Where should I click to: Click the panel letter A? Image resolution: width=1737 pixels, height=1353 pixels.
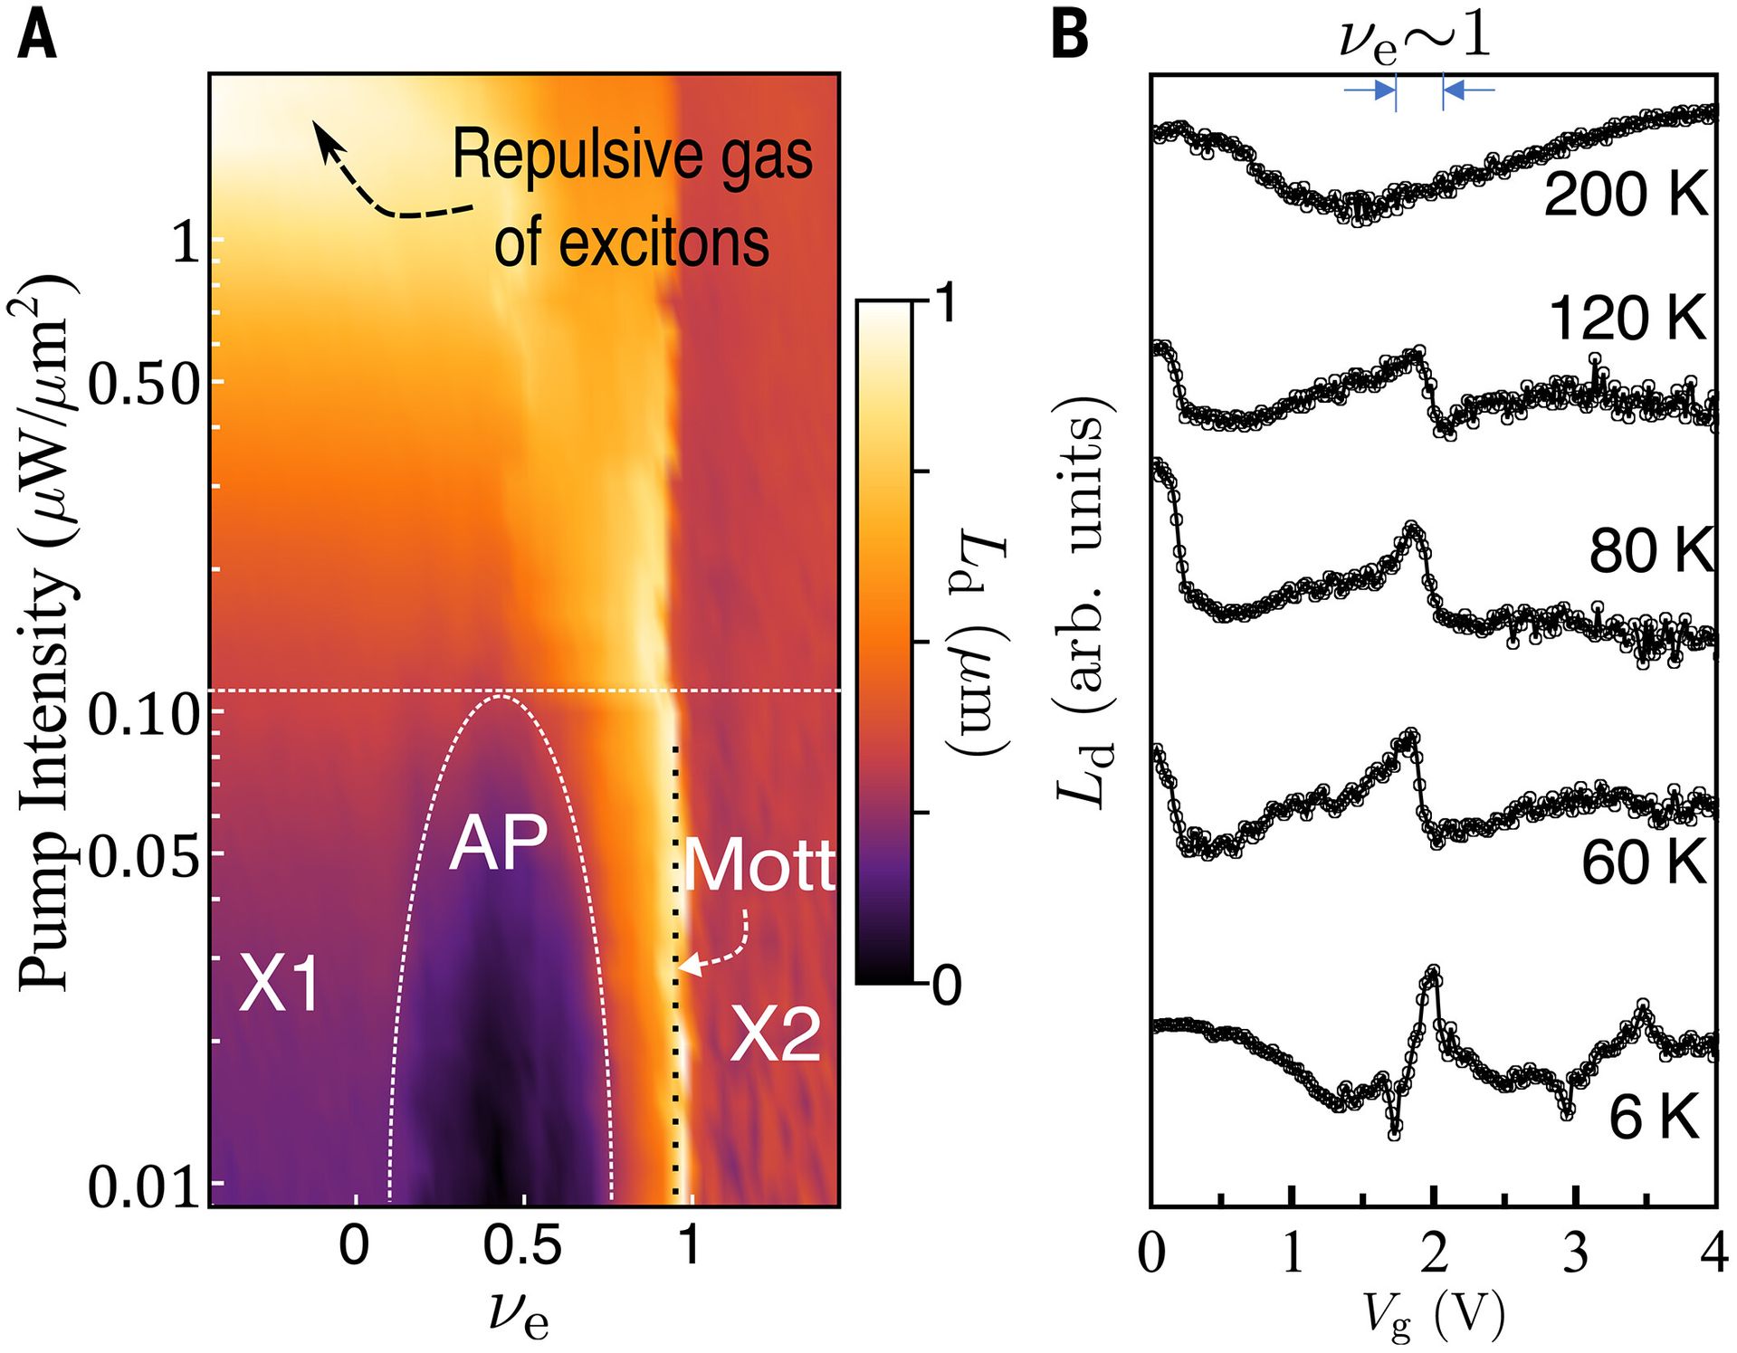[x=36, y=38]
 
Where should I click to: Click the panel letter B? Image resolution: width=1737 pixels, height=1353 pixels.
[x=1070, y=38]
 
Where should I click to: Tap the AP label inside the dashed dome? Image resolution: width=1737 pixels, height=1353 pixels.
[x=498, y=843]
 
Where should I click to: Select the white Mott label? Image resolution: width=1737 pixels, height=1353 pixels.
[x=759, y=866]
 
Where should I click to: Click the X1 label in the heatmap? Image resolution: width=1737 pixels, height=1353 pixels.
[x=279, y=985]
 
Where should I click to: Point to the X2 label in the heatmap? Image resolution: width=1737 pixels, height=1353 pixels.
[x=776, y=1034]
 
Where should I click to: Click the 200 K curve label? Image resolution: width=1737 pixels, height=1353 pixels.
[x=1625, y=194]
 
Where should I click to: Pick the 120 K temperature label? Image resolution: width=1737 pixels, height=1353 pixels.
[x=1627, y=319]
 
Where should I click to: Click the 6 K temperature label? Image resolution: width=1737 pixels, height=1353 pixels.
[x=1654, y=1117]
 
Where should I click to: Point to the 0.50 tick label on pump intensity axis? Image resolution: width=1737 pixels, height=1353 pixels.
[x=143, y=385]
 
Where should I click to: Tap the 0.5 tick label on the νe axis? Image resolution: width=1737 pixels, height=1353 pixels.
[x=522, y=1246]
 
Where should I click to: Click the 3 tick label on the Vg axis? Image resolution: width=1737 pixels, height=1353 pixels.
[x=1575, y=1254]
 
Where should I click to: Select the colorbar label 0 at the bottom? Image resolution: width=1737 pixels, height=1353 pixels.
[x=946, y=985]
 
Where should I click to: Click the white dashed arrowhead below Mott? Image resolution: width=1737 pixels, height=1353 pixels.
[x=688, y=967]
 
